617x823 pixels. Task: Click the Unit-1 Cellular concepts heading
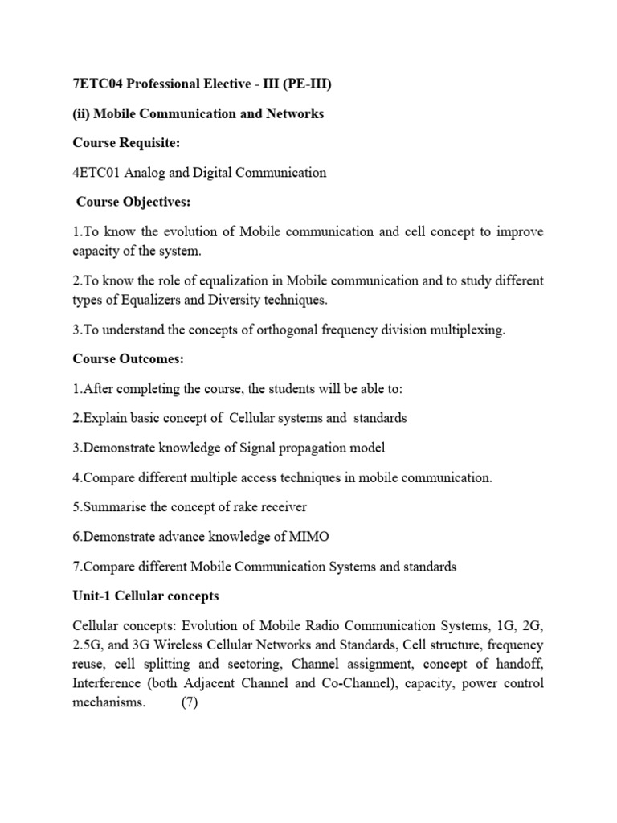(x=145, y=596)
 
